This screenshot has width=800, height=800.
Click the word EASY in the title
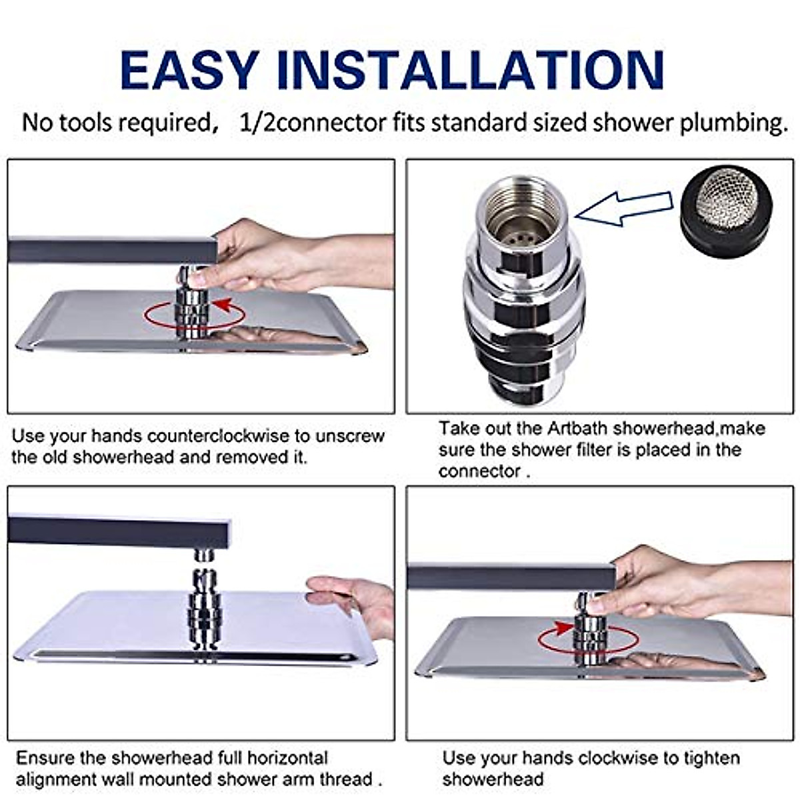pos(188,70)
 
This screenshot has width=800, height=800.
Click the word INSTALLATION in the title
pos(471,70)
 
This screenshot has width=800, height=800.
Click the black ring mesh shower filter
pos(726,212)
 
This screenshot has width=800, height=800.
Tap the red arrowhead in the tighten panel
pos(563,627)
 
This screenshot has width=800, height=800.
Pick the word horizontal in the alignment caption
pos(288,758)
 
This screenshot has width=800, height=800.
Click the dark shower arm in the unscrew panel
pos(113,249)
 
